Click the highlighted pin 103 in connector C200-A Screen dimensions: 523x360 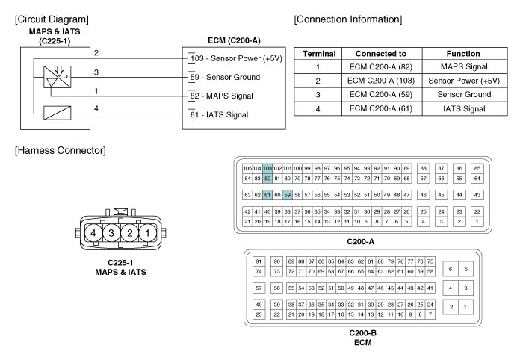[x=267, y=168]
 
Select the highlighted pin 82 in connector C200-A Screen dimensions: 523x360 [x=267, y=179]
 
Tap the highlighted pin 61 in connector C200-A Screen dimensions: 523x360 [x=267, y=195]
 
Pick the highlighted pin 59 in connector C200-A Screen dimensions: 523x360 [x=287, y=195]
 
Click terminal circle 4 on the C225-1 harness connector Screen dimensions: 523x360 [x=93, y=233]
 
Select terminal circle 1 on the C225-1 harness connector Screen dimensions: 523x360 [x=147, y=233]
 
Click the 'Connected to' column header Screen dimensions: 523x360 [x=381, y=54]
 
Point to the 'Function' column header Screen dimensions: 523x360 [x=463, y=54]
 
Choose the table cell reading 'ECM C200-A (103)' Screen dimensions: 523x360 [x=381, y=81]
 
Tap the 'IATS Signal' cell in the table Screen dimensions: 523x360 [x=464, y=108]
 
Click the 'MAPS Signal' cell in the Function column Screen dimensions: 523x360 [x=464, y=66]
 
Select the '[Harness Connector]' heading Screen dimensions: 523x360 [x=61, y=150]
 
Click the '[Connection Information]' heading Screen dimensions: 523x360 [x=348, y=19]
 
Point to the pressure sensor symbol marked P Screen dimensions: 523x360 [x=58, y=77]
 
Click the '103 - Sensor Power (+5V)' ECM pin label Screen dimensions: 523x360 [x=236, y=58]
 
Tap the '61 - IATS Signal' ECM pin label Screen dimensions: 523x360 [x=219, y=115]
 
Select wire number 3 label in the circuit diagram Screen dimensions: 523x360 [x=96, y=72]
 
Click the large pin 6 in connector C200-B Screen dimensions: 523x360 [x=451, y=269]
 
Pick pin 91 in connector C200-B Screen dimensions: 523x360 [x=259, y=261]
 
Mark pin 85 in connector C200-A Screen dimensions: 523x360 [x=477, y=168]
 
